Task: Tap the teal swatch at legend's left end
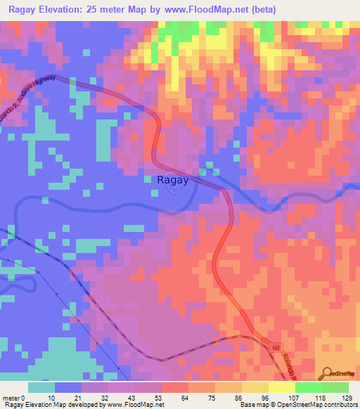pyautogui.click(x=41, y=387)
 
